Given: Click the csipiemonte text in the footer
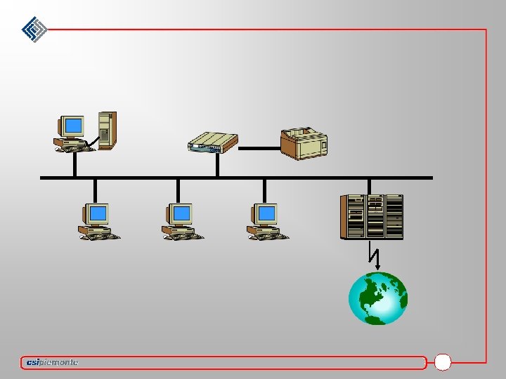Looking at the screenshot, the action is [x=51, y=362].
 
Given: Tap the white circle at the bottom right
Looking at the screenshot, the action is [x=443, y=362].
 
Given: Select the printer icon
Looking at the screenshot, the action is [x=304, y=143].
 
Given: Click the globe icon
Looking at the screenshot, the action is [x=378, y=298].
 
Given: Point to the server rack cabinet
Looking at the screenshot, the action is [x=372, y=216].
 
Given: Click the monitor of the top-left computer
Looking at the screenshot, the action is [x=72, y=126].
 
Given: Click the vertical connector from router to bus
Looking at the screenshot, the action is [x=218, y=164].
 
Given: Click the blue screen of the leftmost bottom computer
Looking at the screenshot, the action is [x=98, y=213].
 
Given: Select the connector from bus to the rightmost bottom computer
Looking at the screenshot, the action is [x=264, y=190].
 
